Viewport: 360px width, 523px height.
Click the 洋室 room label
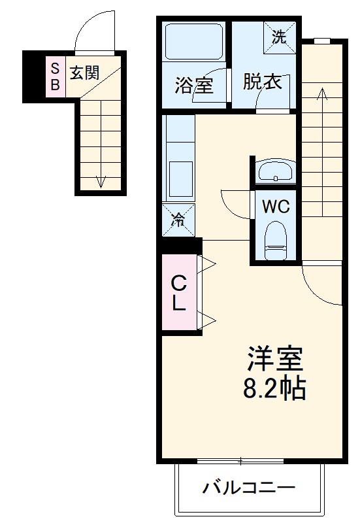pos(274,360)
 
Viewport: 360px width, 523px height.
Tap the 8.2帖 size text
pos(274,390)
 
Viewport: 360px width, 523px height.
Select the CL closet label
pos(179,294)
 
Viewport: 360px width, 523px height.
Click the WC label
pos(274,207)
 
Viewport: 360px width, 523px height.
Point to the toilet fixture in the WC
pos(275,241)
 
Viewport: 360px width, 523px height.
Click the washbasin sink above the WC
pos(275,171)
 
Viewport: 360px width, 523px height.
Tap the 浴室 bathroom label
pos(194,85)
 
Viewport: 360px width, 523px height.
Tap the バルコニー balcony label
pos(248,488)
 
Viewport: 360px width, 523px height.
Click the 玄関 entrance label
pos(85,73)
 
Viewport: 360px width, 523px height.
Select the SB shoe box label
pos(56,76)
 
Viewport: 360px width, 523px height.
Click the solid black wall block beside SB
pos(33,76)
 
